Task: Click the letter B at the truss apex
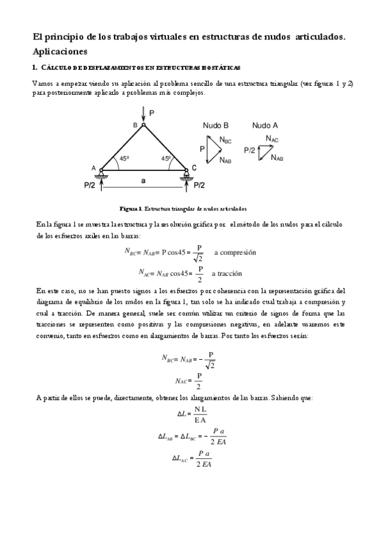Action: tap(135, 126)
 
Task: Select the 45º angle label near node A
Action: tap(125, 159)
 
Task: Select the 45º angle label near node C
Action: tap(166, 159)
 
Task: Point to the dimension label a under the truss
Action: tap(144, 181)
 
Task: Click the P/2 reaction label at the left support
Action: tap(90, 186)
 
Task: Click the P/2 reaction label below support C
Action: tap(198, 186)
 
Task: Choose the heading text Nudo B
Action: tap(216, 125)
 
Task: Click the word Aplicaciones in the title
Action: tap(60, 51)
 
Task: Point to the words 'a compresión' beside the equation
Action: tap(235, 252)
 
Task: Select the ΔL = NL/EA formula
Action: tap(192, 414)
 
